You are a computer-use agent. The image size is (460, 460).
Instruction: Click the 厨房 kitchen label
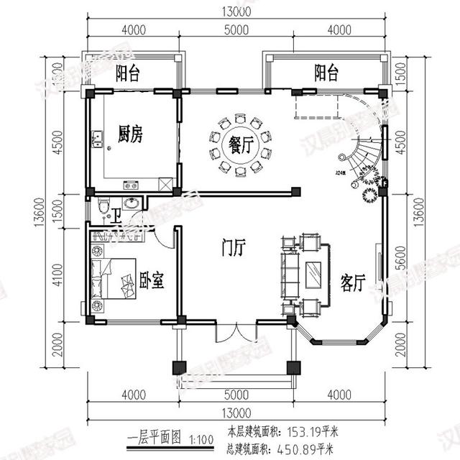131,134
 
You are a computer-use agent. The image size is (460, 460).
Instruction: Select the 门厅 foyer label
234,248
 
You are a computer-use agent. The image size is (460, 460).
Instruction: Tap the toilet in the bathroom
105,208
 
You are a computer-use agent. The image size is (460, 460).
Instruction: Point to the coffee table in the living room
314,275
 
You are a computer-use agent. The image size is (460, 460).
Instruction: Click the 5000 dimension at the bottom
236,395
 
